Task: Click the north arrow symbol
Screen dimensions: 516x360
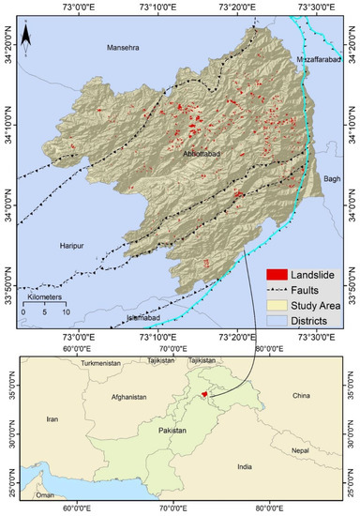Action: pos(28,36)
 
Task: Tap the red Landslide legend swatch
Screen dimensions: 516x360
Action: pos(276,275)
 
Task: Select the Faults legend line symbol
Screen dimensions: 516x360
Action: pos(276,290)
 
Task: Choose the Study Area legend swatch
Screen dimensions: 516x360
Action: pos(276,306)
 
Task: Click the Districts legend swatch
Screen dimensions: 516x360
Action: pos(276,322)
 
